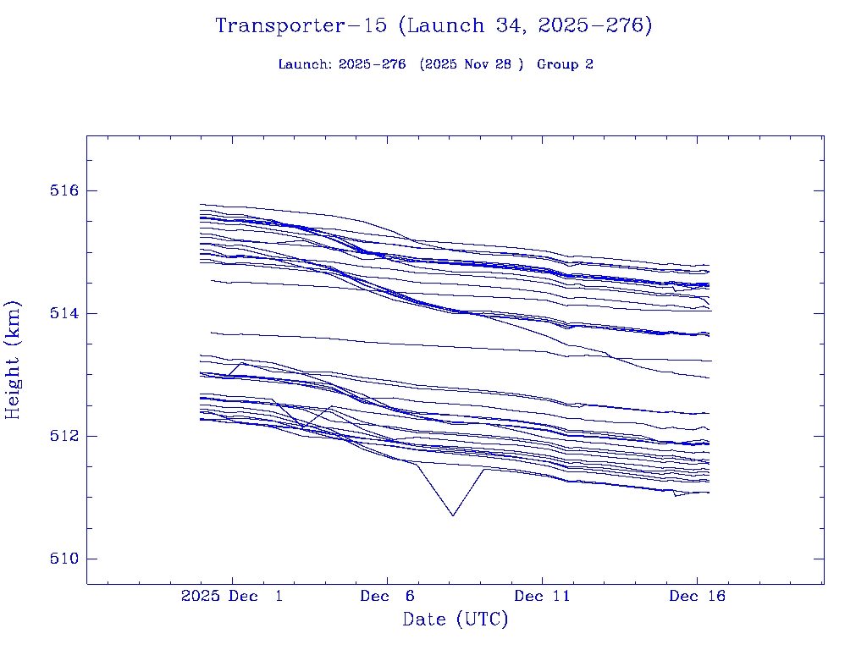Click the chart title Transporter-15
coord(304,25)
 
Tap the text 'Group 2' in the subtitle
coord(565,64)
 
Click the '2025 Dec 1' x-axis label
coord(232,597)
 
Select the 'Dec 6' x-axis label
coord(387,597)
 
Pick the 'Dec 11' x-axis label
coord(542,597)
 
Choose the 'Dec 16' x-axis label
coord(697,597)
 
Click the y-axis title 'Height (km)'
coord(13,360)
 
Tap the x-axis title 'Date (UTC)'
coord(456,620)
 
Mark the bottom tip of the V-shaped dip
coord(453,515)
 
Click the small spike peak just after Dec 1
coord(242,362)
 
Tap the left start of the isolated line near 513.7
coord(211,332)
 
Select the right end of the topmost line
coord(709,266)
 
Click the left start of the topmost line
coord(201,204)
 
